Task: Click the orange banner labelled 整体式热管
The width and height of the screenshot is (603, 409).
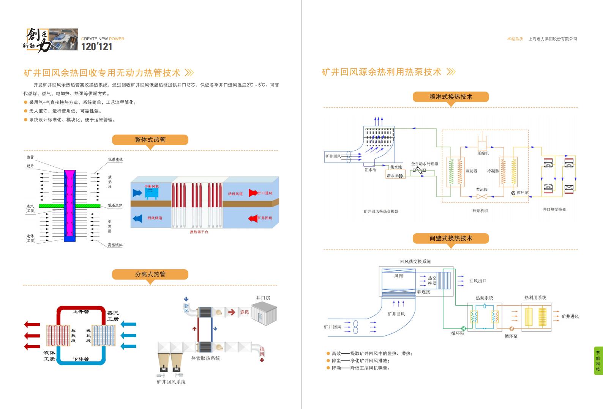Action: [150, 140]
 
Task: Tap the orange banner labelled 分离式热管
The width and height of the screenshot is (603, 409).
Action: [150, 274]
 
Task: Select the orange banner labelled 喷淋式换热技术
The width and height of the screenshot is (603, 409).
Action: [451, 97]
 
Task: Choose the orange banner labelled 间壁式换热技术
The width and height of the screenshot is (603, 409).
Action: [451, 238]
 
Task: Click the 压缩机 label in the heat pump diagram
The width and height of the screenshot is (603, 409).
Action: [483, 153]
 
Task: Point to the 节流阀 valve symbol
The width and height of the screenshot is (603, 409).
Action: [482, 196]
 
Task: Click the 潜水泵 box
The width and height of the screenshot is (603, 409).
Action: [395, 175]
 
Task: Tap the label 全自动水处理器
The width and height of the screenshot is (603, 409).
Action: [425, 164]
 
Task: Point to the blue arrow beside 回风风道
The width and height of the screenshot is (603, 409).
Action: [137, 218]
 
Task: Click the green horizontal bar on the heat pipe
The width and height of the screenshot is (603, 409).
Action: [69, 206]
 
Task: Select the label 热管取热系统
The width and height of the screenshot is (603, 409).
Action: [205, 358]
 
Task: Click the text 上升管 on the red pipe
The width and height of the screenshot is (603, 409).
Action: [81, 312]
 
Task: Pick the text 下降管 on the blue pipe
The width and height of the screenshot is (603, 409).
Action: [81, 359]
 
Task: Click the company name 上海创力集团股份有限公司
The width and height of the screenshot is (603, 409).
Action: [552, 39]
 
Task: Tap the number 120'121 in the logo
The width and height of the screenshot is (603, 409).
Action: [97, 47]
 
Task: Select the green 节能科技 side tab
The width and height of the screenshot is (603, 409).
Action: [598, 361]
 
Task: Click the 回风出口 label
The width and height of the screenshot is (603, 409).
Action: [478, 281]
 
